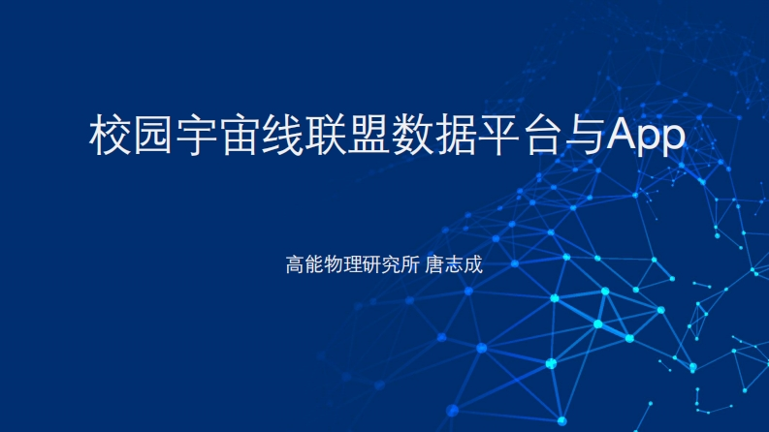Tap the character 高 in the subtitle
pyautogui.click(x=296, y=263)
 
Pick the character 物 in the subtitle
pyautogui.click(x=333, y=263)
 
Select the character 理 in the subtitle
pyautogui.click(x=351, y=263)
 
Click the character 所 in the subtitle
pyautogui.click(x=407, y=263)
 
